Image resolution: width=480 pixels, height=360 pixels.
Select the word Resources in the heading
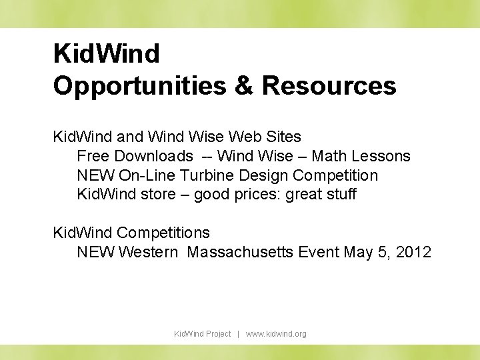click(x=329, y=85)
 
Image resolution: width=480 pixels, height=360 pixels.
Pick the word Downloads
click(x=153, y=156)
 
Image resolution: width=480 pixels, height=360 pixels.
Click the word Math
click(x=329, y=156)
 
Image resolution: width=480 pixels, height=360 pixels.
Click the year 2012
click(x=413, y=252)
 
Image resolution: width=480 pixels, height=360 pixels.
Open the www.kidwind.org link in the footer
click(x=276, y=333)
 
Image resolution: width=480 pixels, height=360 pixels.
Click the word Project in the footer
click(x=219, y=333)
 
